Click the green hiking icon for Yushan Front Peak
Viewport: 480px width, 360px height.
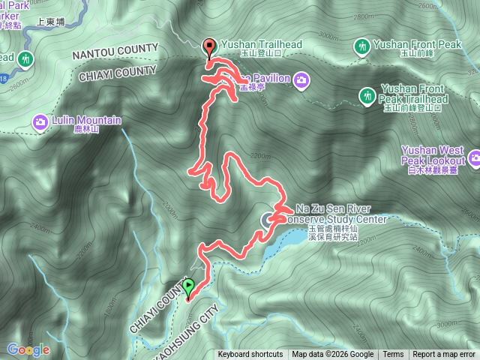(362, 47)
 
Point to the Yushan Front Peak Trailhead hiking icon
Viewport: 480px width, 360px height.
(367, 95)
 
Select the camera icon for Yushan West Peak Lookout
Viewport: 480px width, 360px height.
(474, 157)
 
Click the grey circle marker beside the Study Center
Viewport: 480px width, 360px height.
(268, 219)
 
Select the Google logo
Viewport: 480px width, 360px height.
(28, 349)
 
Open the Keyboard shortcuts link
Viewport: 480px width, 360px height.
(250, 355)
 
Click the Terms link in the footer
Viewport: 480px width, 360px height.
(393, 355)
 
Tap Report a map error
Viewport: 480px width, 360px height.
(445, 355)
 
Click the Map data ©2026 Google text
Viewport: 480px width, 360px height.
(332, 355)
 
